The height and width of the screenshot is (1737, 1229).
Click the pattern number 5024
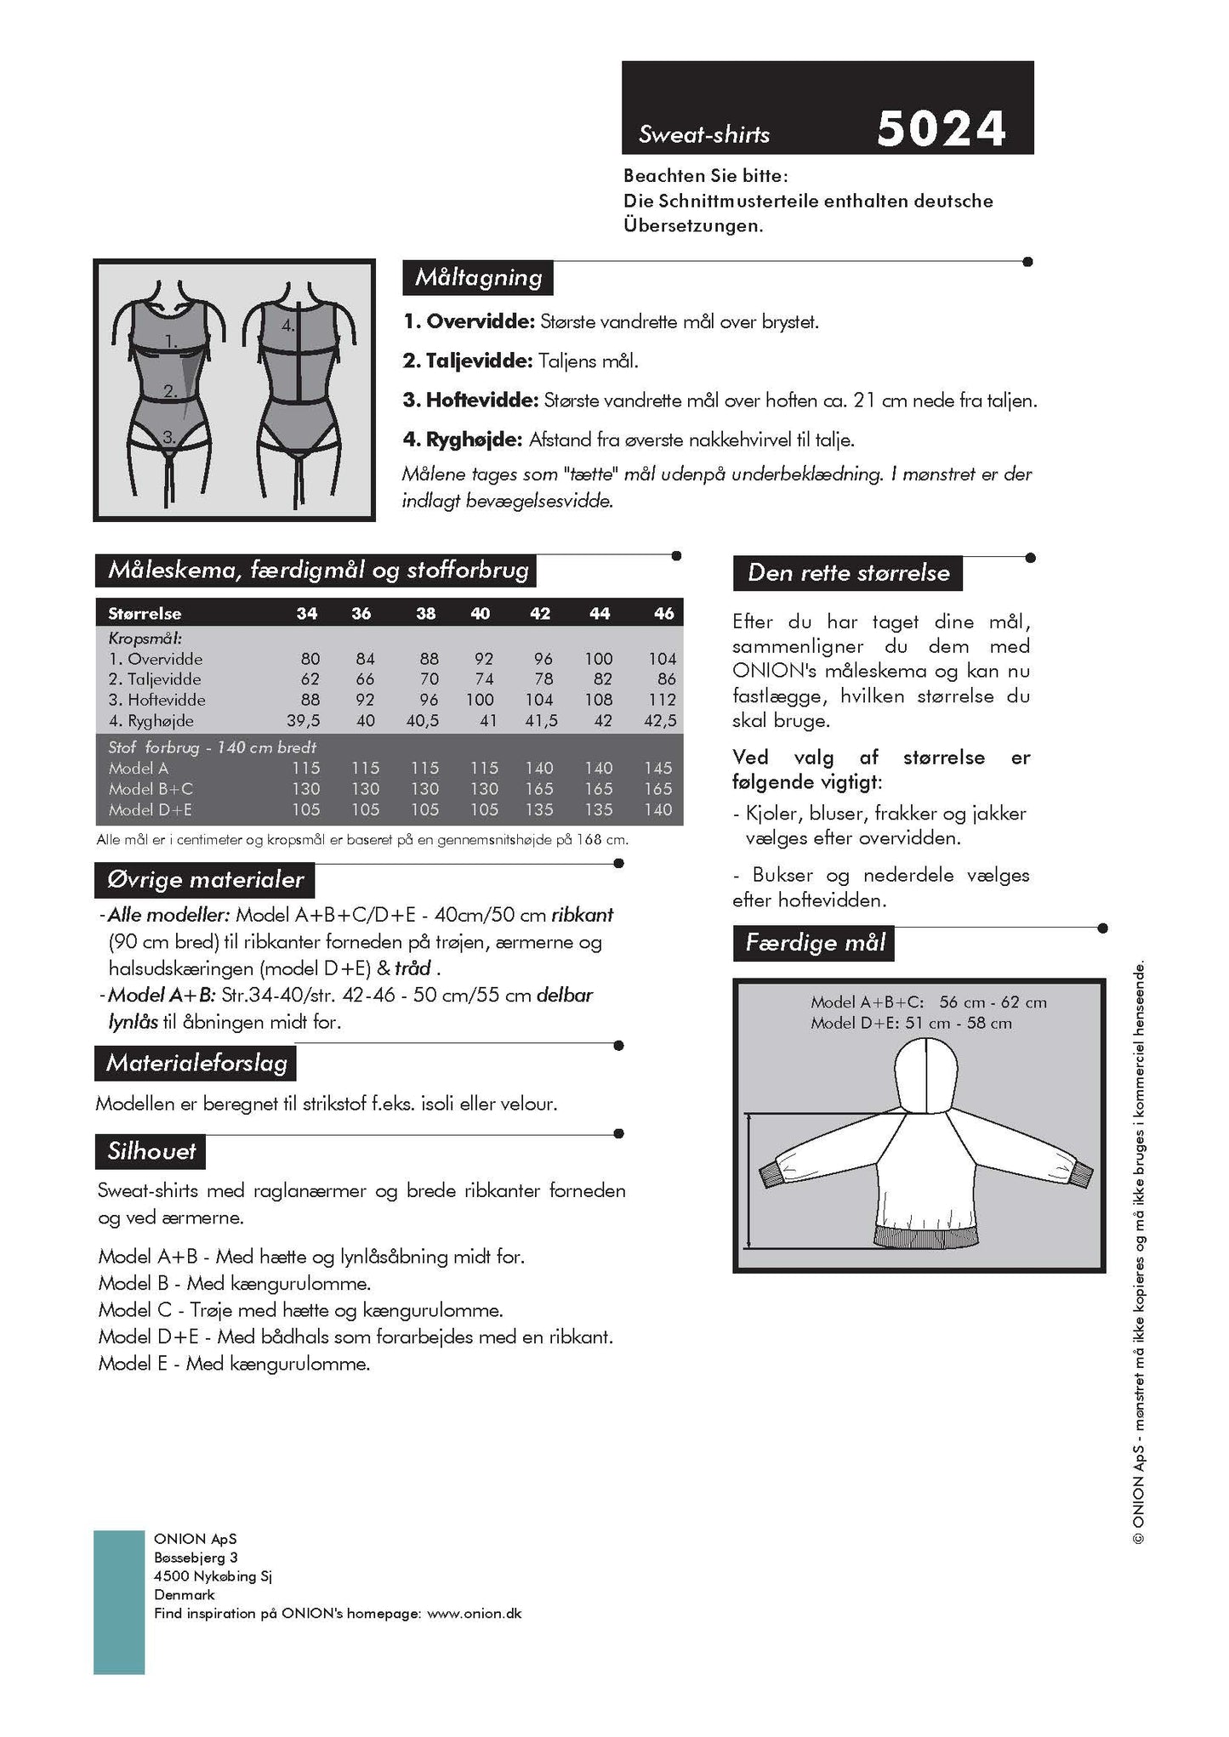pos(941,129)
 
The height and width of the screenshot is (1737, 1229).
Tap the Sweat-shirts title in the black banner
pos(704,134)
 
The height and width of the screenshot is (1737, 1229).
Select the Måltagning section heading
pos(478,277)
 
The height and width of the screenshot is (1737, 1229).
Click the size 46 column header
pos(663,613)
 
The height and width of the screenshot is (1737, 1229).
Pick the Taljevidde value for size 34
pos(310,678)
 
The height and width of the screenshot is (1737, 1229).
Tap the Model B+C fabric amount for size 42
pos(539,788)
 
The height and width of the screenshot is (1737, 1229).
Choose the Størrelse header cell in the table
pos(145,613)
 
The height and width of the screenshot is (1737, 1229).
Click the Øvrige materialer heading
pos(205,879)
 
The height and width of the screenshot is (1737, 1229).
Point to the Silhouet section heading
pos(151,1151)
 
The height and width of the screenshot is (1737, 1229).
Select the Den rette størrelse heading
pos(848,572)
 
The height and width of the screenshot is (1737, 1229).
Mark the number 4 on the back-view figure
pos(287,324)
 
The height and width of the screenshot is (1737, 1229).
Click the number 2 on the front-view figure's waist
pos(170,391)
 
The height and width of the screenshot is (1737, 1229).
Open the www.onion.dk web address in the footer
pos(474,1613)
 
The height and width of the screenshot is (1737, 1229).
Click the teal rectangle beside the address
pos(118,1602)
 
